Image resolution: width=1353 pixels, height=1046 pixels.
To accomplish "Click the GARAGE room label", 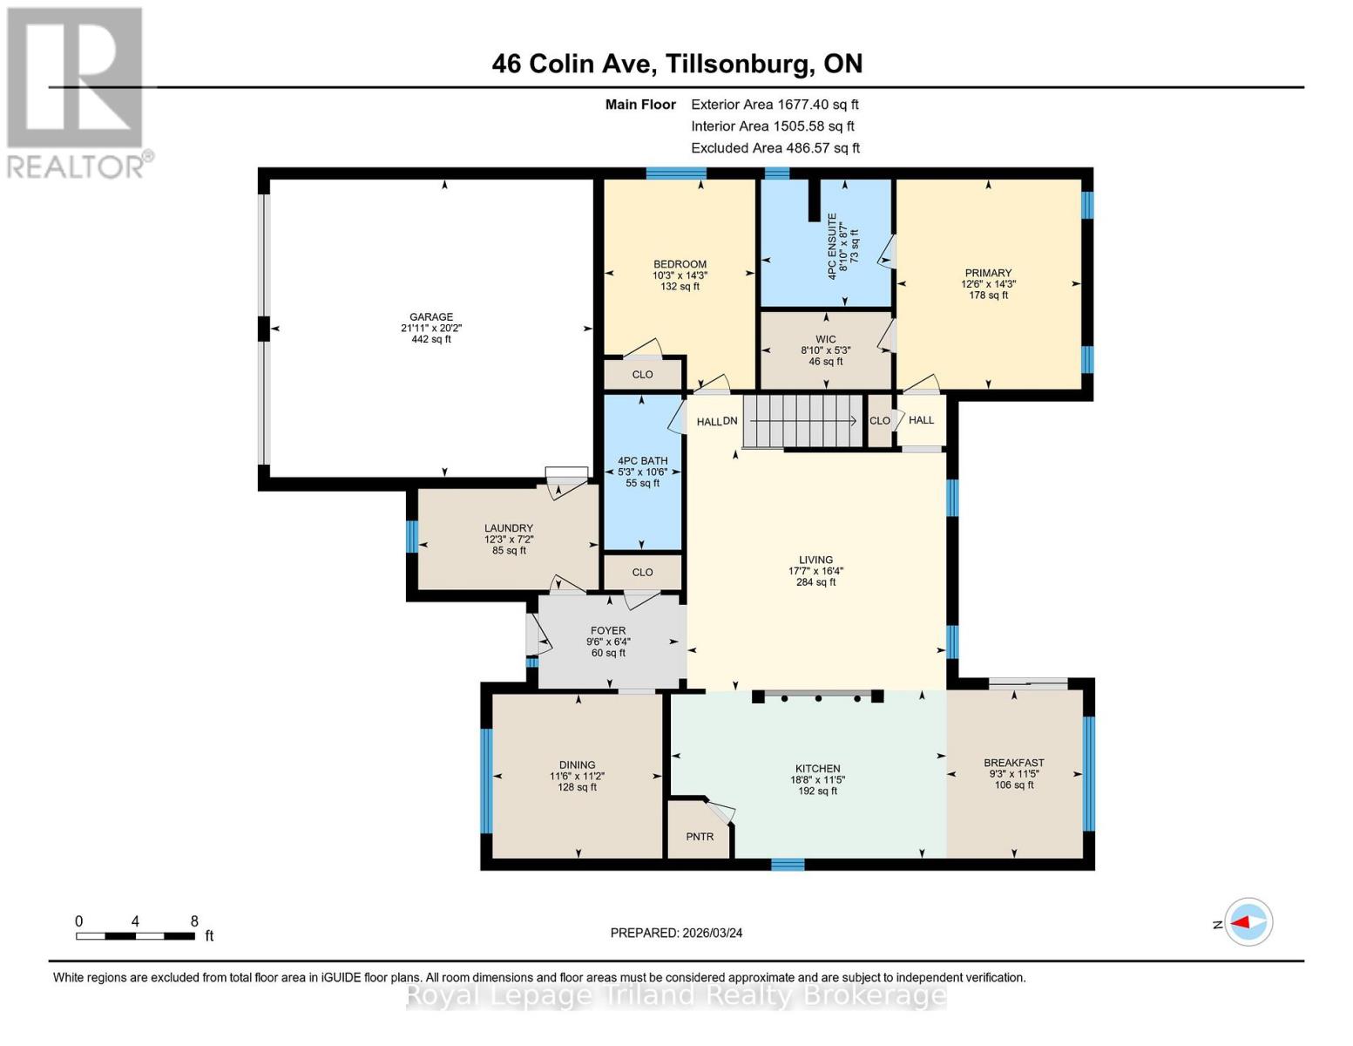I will pos(431,317).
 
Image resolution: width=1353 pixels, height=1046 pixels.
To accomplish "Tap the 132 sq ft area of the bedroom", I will pos(680,287).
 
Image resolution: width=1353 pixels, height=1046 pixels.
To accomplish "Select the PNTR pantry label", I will pos(700,837).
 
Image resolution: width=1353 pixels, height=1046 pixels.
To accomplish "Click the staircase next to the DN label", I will pos(802,421).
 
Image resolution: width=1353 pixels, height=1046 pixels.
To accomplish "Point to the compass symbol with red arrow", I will pos(1249,922).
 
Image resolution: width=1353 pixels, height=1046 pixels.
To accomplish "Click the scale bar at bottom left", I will pos(135,936).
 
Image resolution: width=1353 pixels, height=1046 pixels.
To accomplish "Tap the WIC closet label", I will pos(825,339).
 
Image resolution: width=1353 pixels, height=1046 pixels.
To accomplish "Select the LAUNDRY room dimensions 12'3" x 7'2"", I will pos(509,540).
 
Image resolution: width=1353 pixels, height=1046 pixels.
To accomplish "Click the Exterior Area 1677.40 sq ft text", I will pos(775,105).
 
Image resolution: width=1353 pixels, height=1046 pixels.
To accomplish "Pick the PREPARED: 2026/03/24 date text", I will pos(676,933).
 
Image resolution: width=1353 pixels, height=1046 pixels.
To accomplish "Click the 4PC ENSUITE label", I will pos(832,246).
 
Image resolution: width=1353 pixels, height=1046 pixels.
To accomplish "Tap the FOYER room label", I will pos(608,630).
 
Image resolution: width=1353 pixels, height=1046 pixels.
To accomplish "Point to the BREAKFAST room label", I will pos(1013,763).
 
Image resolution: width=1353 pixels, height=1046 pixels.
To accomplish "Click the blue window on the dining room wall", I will pos(486,781).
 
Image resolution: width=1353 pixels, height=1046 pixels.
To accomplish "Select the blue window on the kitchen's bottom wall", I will pos(788,865).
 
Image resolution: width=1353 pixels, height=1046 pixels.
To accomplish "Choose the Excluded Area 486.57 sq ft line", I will pos(775,148).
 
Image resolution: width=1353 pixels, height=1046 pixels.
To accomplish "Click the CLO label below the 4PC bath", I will pos(642,573).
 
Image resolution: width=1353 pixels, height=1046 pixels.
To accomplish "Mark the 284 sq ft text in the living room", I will pos(815,582).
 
